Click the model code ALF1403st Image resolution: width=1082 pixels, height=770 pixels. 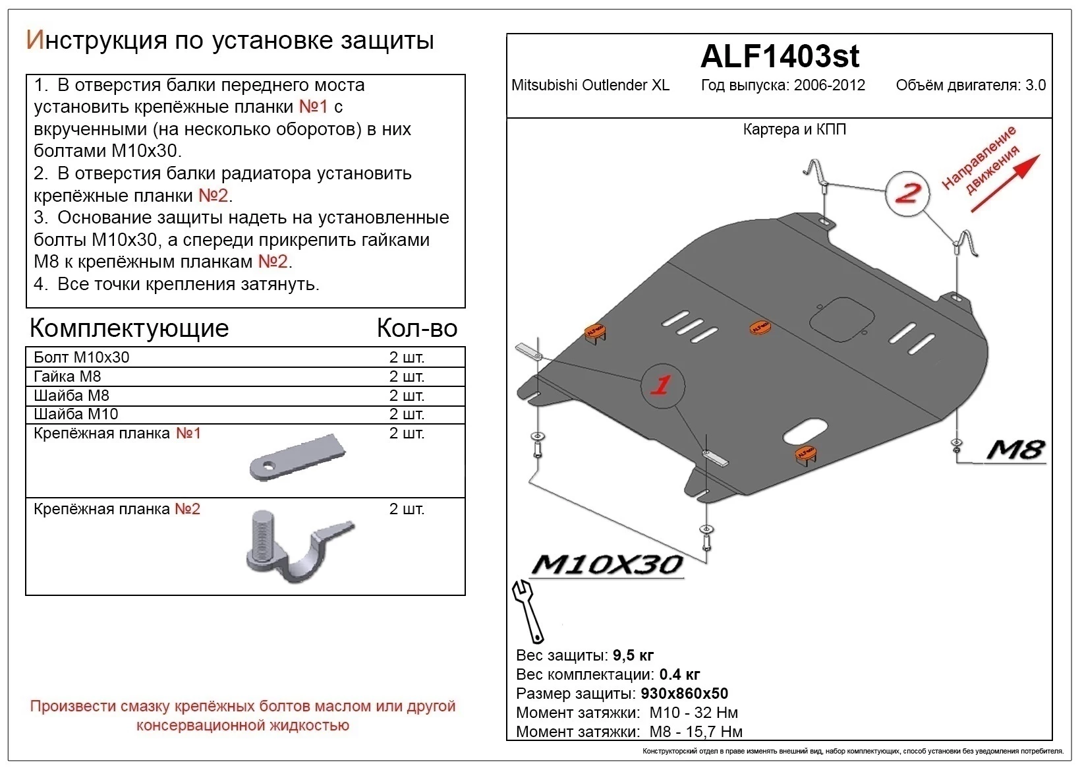[x=779, y=56]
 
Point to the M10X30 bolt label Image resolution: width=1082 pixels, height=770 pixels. [x=606, y=565]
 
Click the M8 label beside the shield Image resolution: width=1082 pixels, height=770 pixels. [x=1015, y=450]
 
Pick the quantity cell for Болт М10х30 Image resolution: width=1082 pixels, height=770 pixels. [x=407, y=357]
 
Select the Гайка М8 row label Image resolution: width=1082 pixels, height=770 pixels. [x=67, y=376]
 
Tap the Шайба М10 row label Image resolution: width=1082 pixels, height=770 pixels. [x=76, y=414]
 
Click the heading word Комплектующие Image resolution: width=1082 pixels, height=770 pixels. [x=129, y=328]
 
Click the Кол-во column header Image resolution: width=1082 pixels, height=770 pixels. [x=416, y=328]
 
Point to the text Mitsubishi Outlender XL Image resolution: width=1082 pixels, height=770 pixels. [x=590, y=85]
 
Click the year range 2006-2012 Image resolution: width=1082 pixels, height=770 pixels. [x=829, y=85]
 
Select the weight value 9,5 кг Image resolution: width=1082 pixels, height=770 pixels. [x=633, y=655]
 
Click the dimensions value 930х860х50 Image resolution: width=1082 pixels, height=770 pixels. [x=684, y=694]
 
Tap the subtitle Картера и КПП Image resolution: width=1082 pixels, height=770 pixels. [x=794, y=129]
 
